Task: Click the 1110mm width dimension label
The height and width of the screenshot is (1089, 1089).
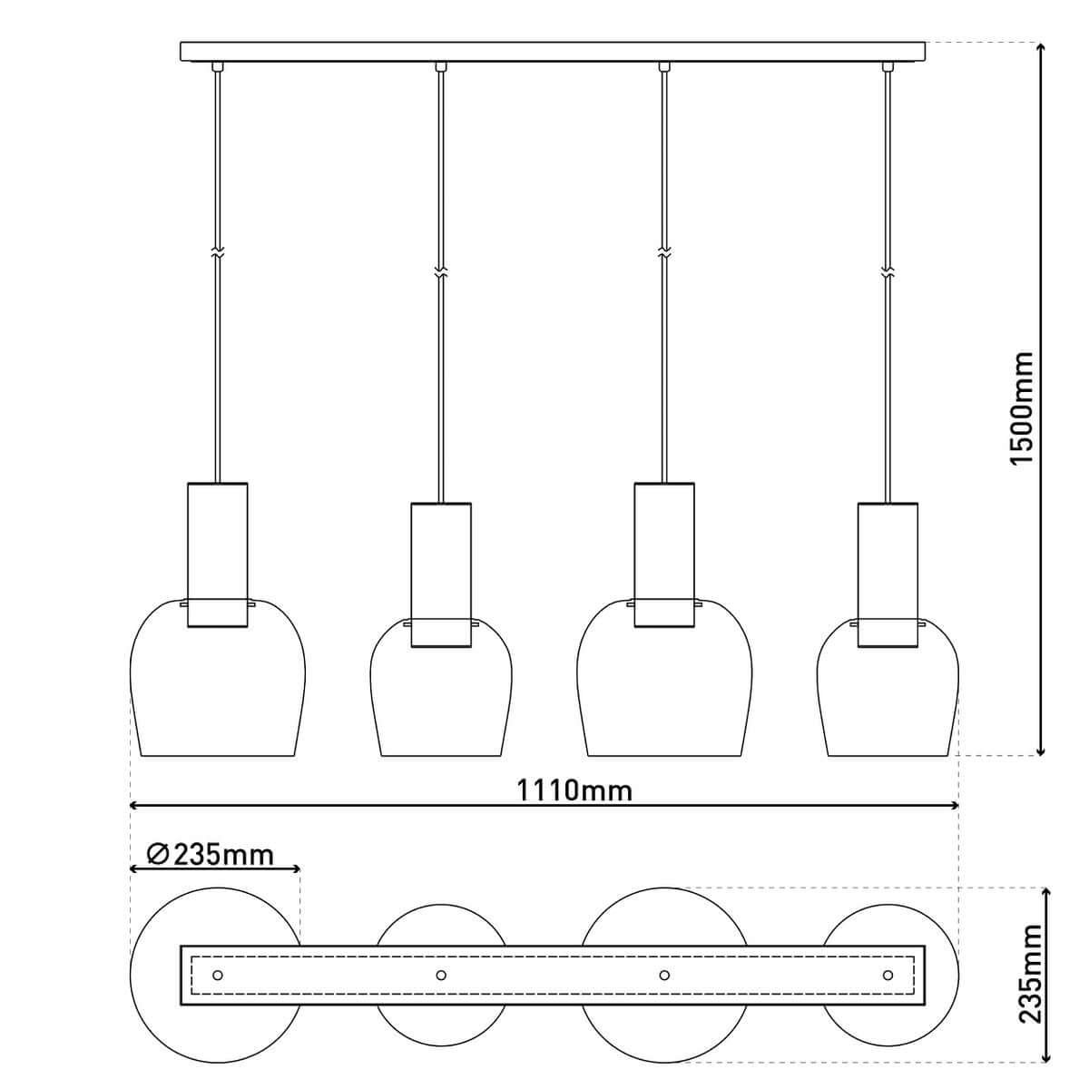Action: [x=574, y=790]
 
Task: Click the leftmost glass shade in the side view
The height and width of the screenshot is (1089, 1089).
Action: [x=218, y=690]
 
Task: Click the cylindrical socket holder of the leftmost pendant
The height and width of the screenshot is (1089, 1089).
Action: [x=217, y=554]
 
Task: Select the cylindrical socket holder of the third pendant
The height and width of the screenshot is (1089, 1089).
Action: [x=664, y=554]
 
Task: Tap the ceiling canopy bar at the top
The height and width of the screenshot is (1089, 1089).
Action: [x=554, y=51]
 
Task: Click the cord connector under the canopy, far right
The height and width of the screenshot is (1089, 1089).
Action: [x=888, y=66]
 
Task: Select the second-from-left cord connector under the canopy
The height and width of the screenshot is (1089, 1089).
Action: [x=441, y=66]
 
